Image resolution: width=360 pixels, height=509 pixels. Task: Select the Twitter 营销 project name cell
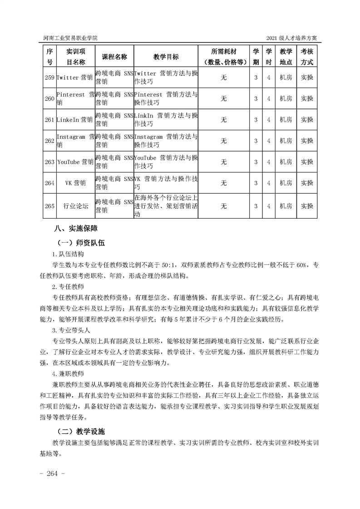pyautogui.click(x=75, y=78)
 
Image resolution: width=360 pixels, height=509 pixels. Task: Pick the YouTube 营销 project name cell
pyautogui.click(x=75, y=162)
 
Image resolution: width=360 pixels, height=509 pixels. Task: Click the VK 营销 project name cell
pyautogui.click(x=75, y=183)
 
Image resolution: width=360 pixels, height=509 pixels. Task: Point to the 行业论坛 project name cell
pyautogui.click(x=75, y=206)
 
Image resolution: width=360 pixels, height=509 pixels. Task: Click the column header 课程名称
pyautogui.click(x=114, y=57)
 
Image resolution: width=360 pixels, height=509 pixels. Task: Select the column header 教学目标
pyautogui.click(x=166, y=57)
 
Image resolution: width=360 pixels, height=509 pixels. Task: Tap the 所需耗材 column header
pyautogui.click(x=224, y=57)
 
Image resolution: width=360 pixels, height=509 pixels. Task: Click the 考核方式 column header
pyautogui.click(x=307, y=57)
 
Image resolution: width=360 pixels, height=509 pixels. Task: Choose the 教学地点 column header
pyautogui.click(x=286, y=57)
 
